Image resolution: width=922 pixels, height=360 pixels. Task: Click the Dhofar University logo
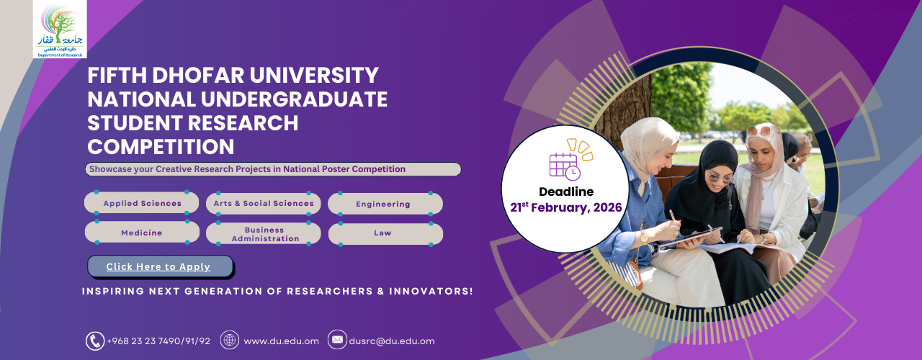pyautogui.click(x=60, y=29)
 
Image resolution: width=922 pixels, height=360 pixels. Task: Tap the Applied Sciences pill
pyautogui.click(x=142, y=203)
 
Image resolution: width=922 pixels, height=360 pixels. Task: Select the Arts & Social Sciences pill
pyautogui.click(x=264, y=203)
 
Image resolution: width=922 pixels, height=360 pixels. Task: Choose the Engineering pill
pyautogui.click(x=385, y=204)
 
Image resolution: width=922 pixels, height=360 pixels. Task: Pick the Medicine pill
pyautogui.click(x=142, y=233)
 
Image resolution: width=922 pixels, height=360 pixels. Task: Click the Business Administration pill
pyautogui.click(x=264, y=234)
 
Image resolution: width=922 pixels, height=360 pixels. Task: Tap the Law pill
pyautogui.click(x=385, y=234)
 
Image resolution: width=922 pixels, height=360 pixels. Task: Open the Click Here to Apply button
pyautogui.click(x=161, y=266)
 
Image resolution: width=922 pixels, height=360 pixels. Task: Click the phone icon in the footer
pyautogui.click(x=95, y=341)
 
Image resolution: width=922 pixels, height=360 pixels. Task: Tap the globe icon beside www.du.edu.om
pyautogui.click(x=230, y=341)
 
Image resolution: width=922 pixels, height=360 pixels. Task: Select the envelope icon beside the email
pyautogui.click(x=337, y=339)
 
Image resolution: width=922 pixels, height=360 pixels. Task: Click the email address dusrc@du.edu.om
pyautogui.click(x=392, y=341)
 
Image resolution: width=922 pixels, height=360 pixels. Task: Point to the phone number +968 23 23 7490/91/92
pyautogui.click(x=158, y=341)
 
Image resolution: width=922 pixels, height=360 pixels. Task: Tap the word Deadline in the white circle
pyautogui.click(x=566, y=192)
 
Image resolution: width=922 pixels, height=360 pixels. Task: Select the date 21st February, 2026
pyautogui.click(x=566, y=207)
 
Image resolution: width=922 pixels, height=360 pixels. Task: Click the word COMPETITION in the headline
pyautogui.click(x=161, y=147)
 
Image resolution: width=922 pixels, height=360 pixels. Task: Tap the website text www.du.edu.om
pyautogui.click(x=282, y=341)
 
